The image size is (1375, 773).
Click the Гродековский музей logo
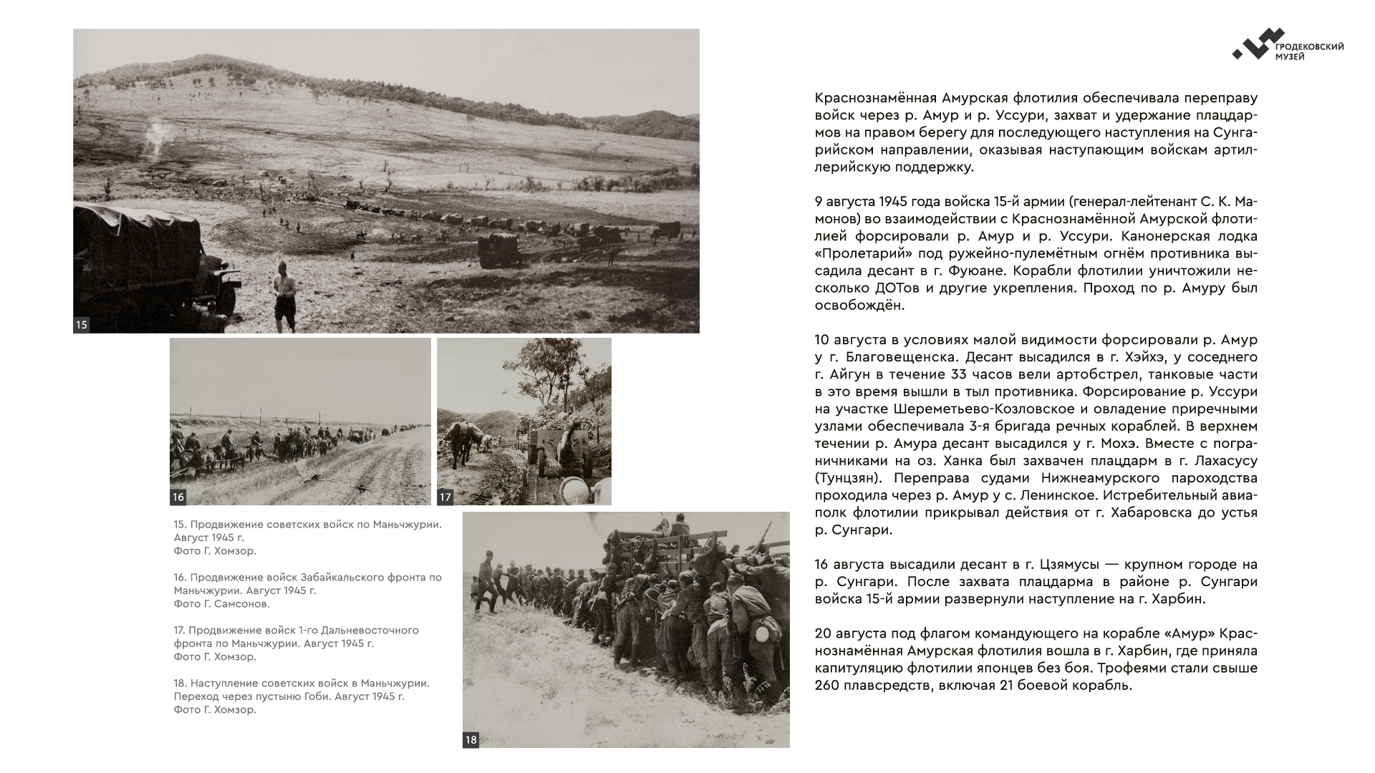1287,44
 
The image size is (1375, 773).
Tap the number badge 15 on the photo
82,325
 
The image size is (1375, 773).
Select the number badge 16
178,497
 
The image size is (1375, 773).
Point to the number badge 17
445,497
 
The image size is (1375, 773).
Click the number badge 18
471,740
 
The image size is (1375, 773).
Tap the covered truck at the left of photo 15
143,261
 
